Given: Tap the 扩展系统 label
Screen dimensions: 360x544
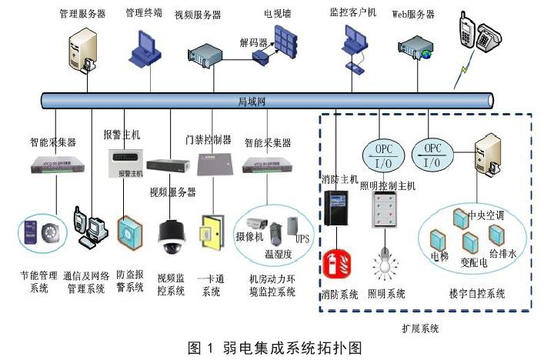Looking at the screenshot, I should click(420, 328).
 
